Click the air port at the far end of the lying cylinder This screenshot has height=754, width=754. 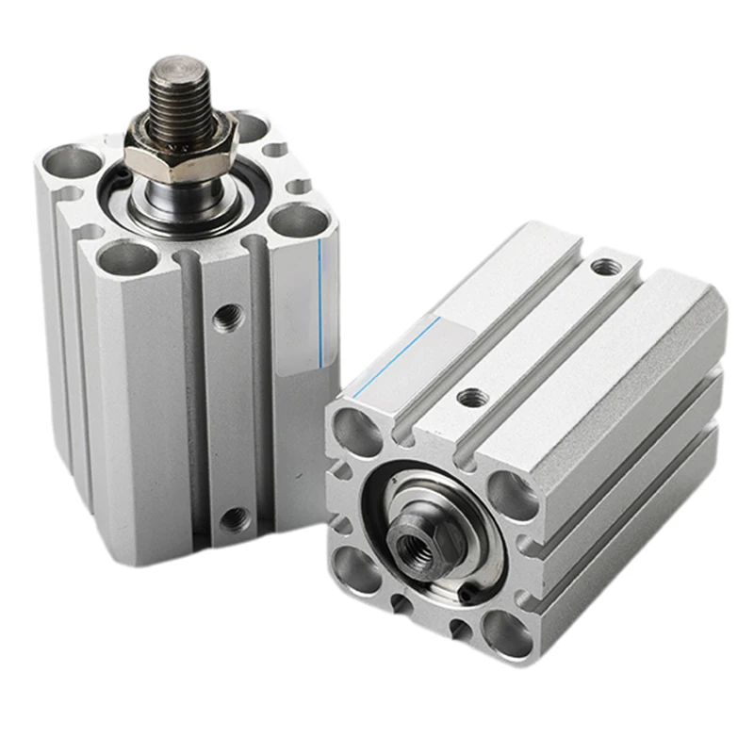tap(601, 267)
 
